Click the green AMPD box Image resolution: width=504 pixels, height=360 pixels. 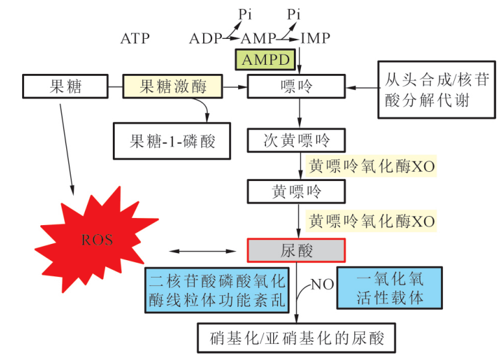(266, 60)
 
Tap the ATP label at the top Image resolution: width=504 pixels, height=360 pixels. (135, 38)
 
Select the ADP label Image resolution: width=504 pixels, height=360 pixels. (206, 38)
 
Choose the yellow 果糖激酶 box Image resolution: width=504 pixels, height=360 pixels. (173, 86)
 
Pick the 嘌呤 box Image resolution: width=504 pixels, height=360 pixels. (297, 86)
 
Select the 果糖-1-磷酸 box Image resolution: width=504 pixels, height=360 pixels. (173, 140)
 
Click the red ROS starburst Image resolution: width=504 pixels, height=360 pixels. (97, 240)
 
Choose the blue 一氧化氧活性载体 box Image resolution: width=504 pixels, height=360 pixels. (390, 287)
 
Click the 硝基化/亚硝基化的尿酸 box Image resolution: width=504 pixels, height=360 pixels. (297, 338)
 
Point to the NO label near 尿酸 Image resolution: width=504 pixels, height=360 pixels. (322, 284)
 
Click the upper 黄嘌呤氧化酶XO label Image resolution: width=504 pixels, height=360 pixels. (371, 166)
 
